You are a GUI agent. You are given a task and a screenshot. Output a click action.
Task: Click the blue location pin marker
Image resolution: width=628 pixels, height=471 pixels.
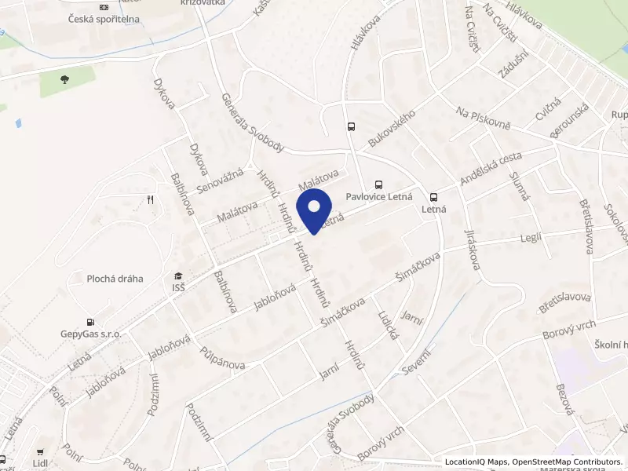coord(315,210)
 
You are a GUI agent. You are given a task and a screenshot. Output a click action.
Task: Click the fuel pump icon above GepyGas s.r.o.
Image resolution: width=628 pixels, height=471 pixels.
coord(91,321)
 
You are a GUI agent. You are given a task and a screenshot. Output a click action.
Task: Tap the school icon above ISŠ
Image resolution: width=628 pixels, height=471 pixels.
coord(178,275)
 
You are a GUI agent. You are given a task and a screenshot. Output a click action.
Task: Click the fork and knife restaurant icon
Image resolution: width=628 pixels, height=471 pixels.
coord(148,200)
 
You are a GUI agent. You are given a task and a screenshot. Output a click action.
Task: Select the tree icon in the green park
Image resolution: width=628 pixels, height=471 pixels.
coord(64,78)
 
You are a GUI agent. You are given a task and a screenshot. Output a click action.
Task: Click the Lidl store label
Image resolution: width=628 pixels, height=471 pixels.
coord(40,463)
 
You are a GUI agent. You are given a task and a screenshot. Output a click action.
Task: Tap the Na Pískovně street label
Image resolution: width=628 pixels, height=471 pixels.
coord(484,120)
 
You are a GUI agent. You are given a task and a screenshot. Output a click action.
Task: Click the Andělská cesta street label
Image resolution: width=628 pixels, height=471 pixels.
coord(491,170)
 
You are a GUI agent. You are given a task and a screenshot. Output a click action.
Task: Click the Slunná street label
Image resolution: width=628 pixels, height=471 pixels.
coord(520,183)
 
